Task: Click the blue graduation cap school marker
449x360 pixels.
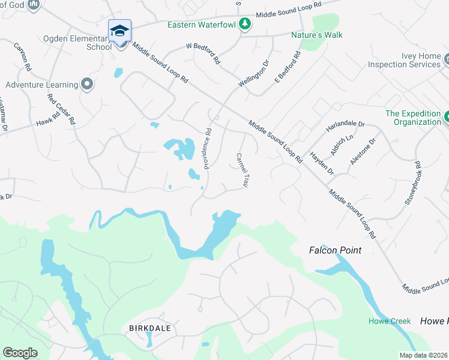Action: [119, 31]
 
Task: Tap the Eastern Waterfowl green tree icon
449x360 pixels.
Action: [244, 25]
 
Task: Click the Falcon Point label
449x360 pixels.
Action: [336, 250]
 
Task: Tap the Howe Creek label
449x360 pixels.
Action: [390, 321]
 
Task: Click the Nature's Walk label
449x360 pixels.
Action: [317, 35]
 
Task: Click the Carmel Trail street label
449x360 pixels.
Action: [241, 170]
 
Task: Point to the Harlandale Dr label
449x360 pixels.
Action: [345, 127]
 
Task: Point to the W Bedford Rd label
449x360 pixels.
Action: [203, 53]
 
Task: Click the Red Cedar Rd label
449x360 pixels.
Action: [61, 109]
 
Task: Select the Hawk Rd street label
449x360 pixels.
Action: [46, 120]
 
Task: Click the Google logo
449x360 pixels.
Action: [20, 353]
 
